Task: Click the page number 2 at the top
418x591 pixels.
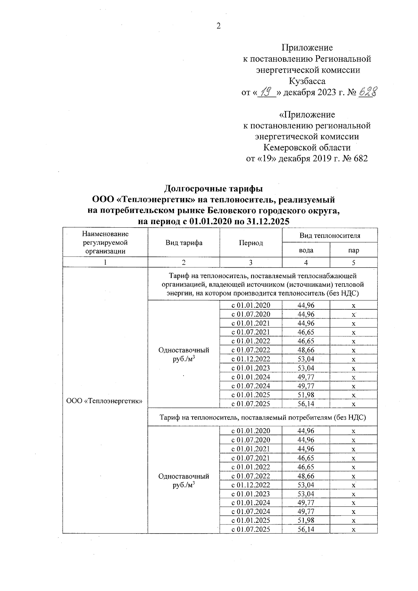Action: point(218,26)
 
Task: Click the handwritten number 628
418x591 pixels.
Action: point(368,92)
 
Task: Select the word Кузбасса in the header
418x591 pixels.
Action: point(307,81)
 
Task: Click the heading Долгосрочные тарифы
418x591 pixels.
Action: point(213,189)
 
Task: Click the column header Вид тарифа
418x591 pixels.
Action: point(184,243)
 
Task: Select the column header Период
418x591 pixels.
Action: point(251,243)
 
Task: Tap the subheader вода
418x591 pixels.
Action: point(306,250)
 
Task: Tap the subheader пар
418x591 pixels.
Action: point(354,250)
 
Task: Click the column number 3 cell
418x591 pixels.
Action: point(250,263)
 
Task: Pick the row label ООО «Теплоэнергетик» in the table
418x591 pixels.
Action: point(105,401)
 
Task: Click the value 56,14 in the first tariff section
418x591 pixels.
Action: point(306,404)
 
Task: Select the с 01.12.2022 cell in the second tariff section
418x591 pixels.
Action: point(251,485)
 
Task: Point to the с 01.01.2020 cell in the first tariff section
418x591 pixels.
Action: point(251,306)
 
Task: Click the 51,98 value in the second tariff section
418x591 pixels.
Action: point(306,521)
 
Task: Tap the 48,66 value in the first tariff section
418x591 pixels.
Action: point(306,350)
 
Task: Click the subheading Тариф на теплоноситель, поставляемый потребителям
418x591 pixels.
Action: point(263,417)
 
